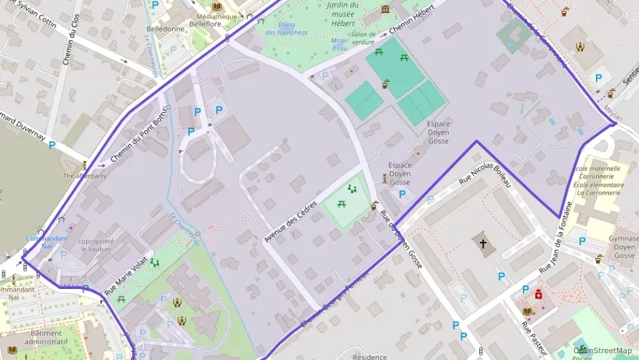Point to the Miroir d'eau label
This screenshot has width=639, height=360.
[340, 44]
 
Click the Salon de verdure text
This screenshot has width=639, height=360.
[363, 38]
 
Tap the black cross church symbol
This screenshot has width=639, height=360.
[483, 243]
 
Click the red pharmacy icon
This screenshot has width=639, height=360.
[539, 295]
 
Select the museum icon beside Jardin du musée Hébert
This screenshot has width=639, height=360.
[386, 9]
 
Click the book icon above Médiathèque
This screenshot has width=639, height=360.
[217, 6]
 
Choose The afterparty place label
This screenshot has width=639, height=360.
[85, 176]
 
